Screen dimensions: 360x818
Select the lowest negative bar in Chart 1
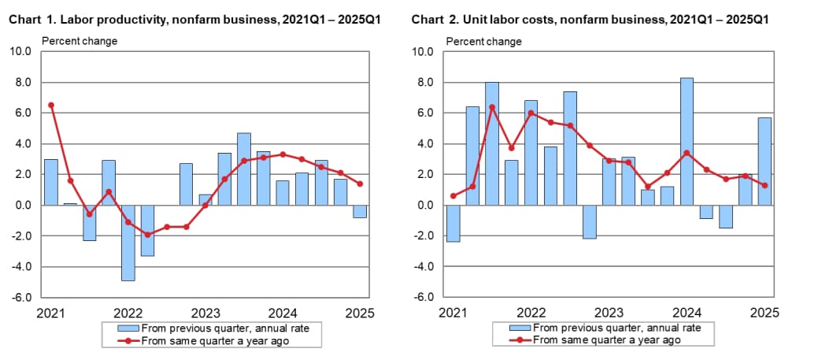128,243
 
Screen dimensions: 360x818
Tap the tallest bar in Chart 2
686,142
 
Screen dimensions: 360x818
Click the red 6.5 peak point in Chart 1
50,105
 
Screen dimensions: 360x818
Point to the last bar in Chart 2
764,161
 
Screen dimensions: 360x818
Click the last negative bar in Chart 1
359,211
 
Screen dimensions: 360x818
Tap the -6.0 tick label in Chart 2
423,298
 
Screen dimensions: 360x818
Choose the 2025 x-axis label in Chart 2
764,313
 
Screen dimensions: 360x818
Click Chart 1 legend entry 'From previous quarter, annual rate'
223,328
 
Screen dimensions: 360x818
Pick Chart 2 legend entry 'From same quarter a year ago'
607,340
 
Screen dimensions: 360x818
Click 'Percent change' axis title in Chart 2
483,41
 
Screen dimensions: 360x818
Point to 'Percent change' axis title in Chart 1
79,41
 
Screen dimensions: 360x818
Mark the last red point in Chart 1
359,184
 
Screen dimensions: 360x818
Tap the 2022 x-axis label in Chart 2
530,313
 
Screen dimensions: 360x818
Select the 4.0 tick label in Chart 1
22,144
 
